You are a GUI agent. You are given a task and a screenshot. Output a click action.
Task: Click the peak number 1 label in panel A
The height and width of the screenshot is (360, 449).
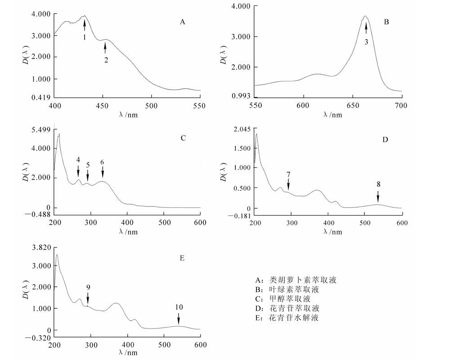(84, 37)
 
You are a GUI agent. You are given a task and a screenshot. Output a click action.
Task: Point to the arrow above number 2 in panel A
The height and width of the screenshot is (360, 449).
(106, 46)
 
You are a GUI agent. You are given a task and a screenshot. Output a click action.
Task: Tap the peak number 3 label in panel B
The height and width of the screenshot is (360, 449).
(366, 42)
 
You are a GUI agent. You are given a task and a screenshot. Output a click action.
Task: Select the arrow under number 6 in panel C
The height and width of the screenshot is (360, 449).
(103, 172)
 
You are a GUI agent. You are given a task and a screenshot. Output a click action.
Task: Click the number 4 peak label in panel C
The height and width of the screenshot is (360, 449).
(78, 160)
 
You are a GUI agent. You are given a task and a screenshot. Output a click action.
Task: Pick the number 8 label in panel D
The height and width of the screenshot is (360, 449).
(378, 184)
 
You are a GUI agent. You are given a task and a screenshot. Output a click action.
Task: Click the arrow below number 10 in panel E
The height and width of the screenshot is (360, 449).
(179, 319)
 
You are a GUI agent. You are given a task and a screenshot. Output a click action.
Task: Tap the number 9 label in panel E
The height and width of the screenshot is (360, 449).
(88, 287)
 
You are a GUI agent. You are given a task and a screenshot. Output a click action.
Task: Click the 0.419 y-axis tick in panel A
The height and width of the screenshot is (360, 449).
(41, 97)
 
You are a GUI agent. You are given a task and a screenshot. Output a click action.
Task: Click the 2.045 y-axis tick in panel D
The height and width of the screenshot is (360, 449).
(242, 129)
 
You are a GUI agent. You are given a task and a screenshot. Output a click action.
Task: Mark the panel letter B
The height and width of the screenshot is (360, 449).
(386, 22)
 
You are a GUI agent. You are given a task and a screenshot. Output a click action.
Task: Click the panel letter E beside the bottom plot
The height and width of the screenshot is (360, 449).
(182, 258)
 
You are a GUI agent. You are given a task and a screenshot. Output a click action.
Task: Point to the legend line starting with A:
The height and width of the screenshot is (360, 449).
(296, 280)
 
